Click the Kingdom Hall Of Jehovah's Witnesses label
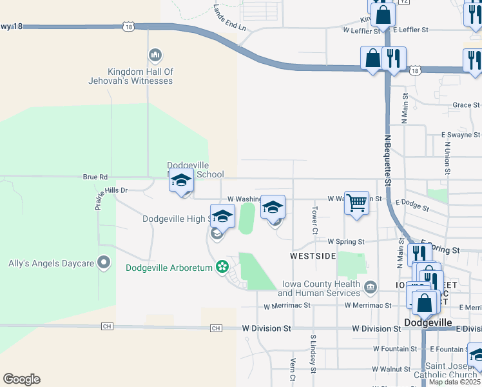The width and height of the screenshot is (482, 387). pyautogui.click(x=131, y=76)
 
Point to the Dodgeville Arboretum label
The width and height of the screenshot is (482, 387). pyautogui.click(x=169, y=268)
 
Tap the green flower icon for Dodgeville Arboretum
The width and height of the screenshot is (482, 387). pyautogui.click(x=223, y=266)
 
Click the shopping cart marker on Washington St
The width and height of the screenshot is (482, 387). pyautogui.click(x=356, y=203)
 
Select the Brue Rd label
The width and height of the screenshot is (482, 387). pyautogui.click(x=95, y=176)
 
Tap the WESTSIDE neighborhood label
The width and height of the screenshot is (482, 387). pyautogui.click(x=313, y=256)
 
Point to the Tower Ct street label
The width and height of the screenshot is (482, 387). pyautogui.click(x=315, y=219)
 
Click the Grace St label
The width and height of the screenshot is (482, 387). pyautogui.click(x=466, y=104)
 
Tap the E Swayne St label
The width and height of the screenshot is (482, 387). pyautogui.click(x=461, y=135)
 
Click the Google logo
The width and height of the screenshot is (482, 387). pyautogui.click(x=21, y=379)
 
